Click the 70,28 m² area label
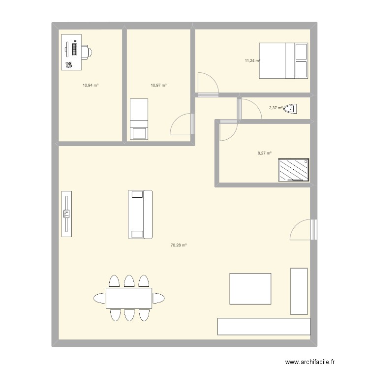click(179, 245)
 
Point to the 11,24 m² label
click(252, 61)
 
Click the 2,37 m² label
click(276, 108)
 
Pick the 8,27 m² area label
click(265, 153)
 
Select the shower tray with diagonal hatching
click(293, 170)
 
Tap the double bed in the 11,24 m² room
click(283, 61)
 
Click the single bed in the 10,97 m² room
click(139, 119)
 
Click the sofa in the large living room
click(140, 215)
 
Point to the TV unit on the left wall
click(66, 214)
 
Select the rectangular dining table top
click(129, 298)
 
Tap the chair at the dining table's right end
click(158, 298)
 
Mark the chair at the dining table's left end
click(99, 298)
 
